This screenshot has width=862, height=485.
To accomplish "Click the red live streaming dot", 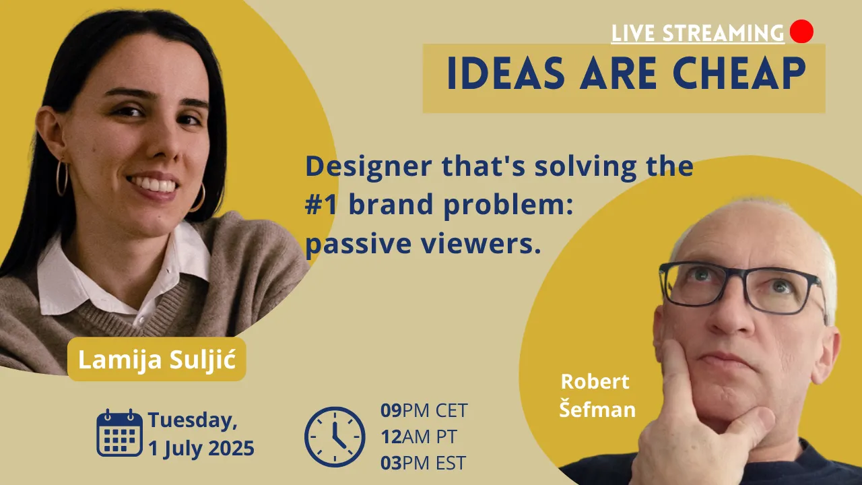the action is point(801,31).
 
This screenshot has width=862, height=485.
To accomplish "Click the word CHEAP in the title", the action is point(739,73).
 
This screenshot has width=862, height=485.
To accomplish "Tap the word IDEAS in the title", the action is point(506,73).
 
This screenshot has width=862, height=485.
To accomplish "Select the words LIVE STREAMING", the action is point(698,33).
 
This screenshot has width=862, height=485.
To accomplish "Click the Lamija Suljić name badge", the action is point(157,359).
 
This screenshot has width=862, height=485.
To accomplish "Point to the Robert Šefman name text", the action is point(597,395).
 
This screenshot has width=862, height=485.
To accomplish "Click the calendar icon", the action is point(119,432).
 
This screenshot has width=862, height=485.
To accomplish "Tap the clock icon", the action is point(335,437).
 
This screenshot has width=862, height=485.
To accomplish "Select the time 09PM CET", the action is point(424,410).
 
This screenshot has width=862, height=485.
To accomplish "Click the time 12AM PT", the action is point(418,437).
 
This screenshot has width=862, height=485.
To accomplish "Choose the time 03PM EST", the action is point(423,463).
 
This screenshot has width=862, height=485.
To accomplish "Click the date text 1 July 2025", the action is point(201,449).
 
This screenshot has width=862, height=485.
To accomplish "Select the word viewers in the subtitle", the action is point(481,244).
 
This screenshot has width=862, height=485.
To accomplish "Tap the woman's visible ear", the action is point(49,132).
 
